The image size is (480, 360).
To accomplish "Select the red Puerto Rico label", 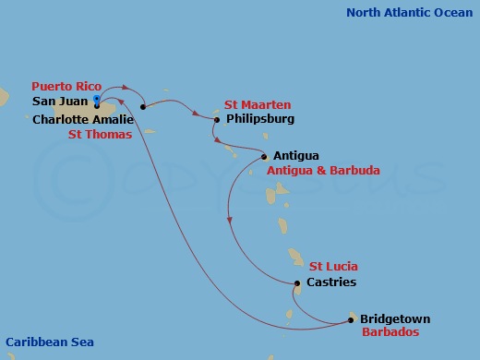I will pyautogui.click(x=66, y=86).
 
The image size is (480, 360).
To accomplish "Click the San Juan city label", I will pyautogui.click(x=60, y=101).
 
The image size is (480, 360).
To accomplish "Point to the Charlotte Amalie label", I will pyautogui.click(x=83, y=119).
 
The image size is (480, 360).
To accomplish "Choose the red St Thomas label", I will pyautogui.click(x=101, y=134).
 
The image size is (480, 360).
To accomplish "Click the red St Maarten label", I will pyautogui.click(x=258, y=105).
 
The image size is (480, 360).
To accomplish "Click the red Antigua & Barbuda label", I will pyautogui.click(x=322, y=171).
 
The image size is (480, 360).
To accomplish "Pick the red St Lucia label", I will pyautogui.click(x=333, y=267).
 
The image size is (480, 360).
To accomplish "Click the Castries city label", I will pyautogui.click(x=331, y=282).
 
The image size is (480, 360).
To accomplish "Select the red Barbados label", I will pyautogui.click(x=390, y=332).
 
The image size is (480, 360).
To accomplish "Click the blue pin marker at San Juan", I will pyautogui.click(x=97, y=100).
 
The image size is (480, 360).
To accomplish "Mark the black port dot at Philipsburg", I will pyautogui.click(x=217, y=119).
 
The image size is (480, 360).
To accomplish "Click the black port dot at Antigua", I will pyautogui.click(x=265, y=156).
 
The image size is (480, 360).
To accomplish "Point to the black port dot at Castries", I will pyautogui.click(x=296, y=283).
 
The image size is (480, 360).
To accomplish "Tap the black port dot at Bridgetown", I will pyautogui.click(x=351, y=320).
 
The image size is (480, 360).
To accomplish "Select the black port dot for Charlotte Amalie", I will pyautogui.click(x=143, y=107).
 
